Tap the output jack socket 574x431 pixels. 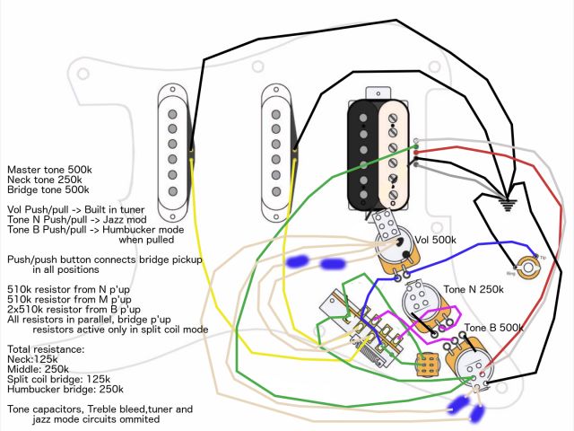tap(533, 266)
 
